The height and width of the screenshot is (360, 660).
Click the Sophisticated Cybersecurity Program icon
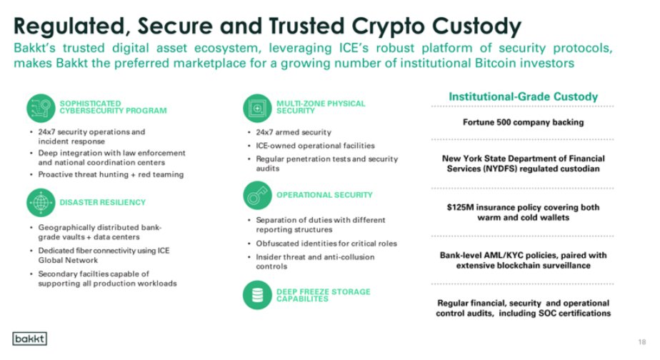41,108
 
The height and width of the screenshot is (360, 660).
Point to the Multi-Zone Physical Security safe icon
256,108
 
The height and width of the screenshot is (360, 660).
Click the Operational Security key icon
256,195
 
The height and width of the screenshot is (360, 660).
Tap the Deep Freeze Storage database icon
256,294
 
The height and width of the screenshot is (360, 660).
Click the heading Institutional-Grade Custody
523,96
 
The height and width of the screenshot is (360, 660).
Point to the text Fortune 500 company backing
523,121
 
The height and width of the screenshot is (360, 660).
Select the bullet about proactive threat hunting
111,174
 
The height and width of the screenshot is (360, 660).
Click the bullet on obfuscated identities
326,243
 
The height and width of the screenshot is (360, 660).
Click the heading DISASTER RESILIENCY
102,202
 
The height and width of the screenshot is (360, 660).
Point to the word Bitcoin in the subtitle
476,63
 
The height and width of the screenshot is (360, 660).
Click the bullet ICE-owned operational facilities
315,146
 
